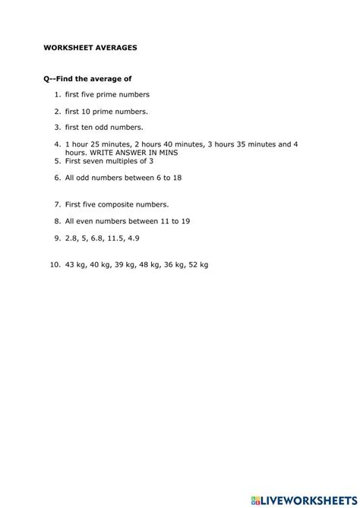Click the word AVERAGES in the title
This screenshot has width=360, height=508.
coord(115,46)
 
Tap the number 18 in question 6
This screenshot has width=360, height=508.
coord(176,177)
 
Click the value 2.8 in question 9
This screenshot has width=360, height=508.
coord(71,238)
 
